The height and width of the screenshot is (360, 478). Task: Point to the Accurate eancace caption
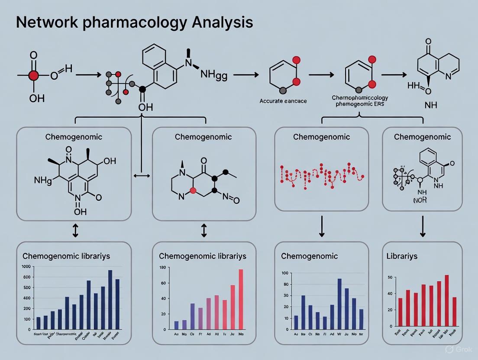[283, 101]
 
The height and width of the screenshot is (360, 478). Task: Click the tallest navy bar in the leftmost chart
[110, 300]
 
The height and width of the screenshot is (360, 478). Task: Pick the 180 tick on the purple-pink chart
[163, 267]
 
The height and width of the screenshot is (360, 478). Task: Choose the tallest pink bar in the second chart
[240, 299]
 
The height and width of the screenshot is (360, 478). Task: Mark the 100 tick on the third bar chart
[284, 273]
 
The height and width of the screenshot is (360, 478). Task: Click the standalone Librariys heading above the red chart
[402, 256]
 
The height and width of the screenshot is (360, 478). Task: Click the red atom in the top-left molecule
[33, 76]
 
